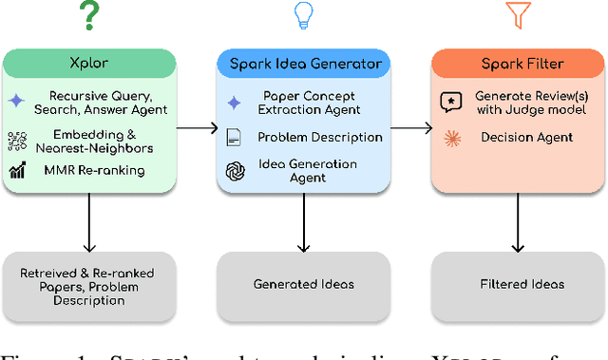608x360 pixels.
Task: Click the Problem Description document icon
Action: pos(234,139)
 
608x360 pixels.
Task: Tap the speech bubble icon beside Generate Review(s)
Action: pos(449,103)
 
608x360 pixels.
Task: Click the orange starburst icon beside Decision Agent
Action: pos(449,138)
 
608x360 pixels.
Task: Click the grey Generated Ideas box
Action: pos(303,283)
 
